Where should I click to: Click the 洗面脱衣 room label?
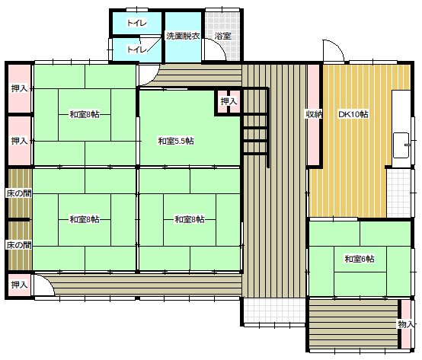183,36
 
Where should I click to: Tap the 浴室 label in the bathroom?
223,36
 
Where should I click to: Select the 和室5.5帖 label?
176,141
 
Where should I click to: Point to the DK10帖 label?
353,114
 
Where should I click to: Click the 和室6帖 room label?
360,259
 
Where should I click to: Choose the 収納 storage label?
314,114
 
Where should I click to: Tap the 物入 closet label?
406,324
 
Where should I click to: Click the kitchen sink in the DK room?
401,145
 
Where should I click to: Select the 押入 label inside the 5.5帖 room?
229,101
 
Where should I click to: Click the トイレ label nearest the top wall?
137,23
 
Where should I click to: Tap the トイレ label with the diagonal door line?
137,49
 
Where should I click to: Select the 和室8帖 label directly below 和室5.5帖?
190,219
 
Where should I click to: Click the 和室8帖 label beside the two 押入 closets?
85,114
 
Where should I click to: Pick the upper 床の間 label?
19,193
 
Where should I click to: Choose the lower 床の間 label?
19,245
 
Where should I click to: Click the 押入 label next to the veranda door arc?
19,285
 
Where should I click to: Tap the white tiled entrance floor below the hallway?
274,310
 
